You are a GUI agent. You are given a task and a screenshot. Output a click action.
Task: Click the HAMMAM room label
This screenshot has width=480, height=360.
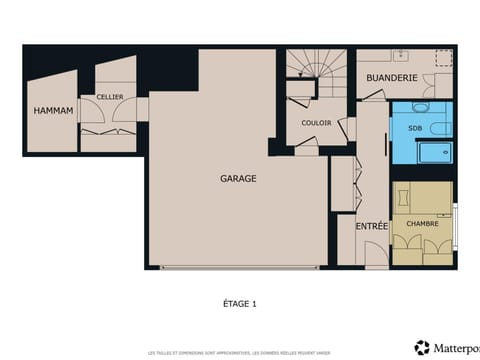coord(53,110)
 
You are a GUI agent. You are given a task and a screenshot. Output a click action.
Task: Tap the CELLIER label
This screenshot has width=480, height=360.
coord(110,97)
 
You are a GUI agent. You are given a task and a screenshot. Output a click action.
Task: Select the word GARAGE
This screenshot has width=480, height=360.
coord(239,179)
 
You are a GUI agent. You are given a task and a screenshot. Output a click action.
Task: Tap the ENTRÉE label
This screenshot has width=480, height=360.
coord(372,226)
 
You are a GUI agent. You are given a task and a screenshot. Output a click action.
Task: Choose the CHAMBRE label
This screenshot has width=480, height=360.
coord(422,223)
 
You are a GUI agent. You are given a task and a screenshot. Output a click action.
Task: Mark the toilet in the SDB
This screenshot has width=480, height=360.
coord(419,107)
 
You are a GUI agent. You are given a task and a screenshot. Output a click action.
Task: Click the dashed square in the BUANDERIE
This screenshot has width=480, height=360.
coord(441,58)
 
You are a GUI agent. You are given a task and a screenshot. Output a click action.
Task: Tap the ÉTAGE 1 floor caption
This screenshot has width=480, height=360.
coord(239,302)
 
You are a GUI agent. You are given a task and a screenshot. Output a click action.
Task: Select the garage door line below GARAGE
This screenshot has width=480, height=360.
coord(241,267)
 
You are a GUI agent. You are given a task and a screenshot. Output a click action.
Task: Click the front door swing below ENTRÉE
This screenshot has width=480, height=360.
coord(373,257)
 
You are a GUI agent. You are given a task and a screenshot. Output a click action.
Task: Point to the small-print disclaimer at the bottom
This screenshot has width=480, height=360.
coord(239,352)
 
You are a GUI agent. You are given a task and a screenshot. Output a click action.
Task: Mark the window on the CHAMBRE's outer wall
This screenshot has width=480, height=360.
coord(456,226)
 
